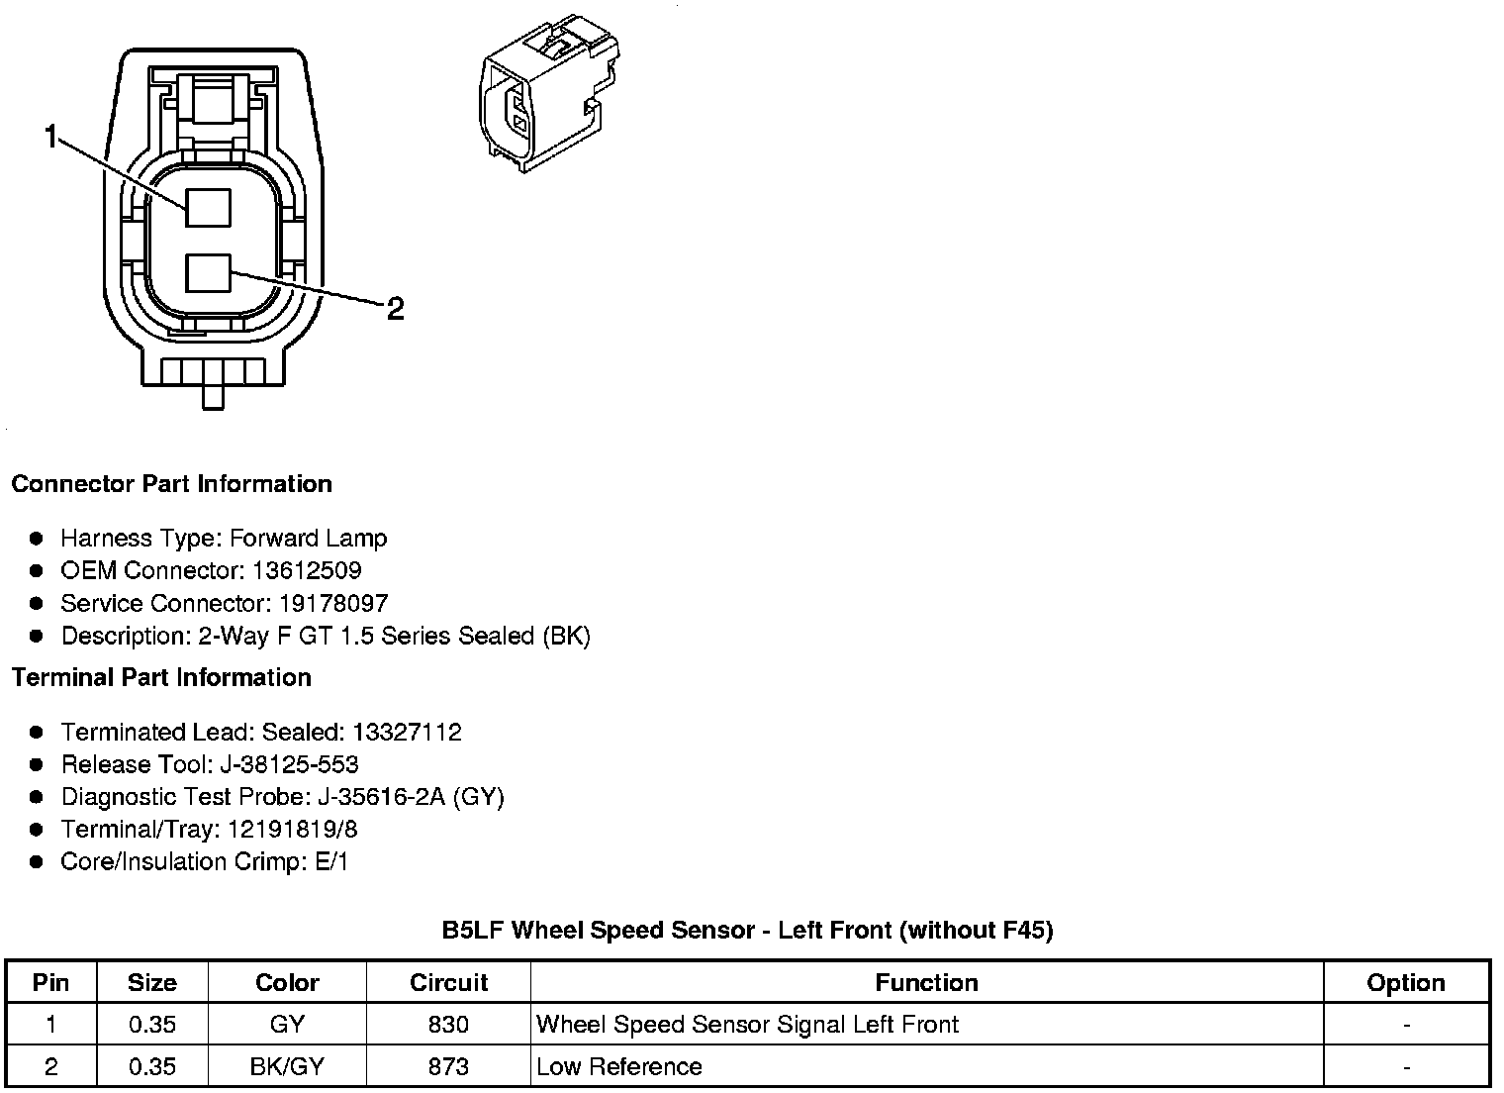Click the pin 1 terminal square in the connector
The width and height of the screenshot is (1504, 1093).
[x=208, y=207]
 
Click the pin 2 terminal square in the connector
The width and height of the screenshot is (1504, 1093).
[x=208, y=272]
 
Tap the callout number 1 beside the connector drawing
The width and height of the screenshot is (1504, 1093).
[x=51, y=137]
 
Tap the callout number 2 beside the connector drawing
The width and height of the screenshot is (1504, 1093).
[x=395, y=310]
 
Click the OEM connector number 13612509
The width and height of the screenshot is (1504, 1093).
[x=307, y=570]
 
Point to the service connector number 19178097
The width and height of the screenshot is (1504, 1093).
[x=333, y=603]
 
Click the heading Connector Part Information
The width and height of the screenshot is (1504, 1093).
[x=171, y=484]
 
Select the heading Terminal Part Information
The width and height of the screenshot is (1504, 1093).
[x=161, y=677]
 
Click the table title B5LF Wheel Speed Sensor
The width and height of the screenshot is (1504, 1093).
[x=747, y=930]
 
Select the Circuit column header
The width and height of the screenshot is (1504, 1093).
[x=448, y=982]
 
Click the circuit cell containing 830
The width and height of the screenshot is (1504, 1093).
[x=448, y=1024]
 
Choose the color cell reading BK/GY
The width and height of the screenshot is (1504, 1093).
[x=287, y=1066]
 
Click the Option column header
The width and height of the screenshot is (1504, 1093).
[x=1405, y=982]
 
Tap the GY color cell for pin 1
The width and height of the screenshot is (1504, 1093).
[x=287, y=1024]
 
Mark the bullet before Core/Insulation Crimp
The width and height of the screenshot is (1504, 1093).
[x=37, y=862]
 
